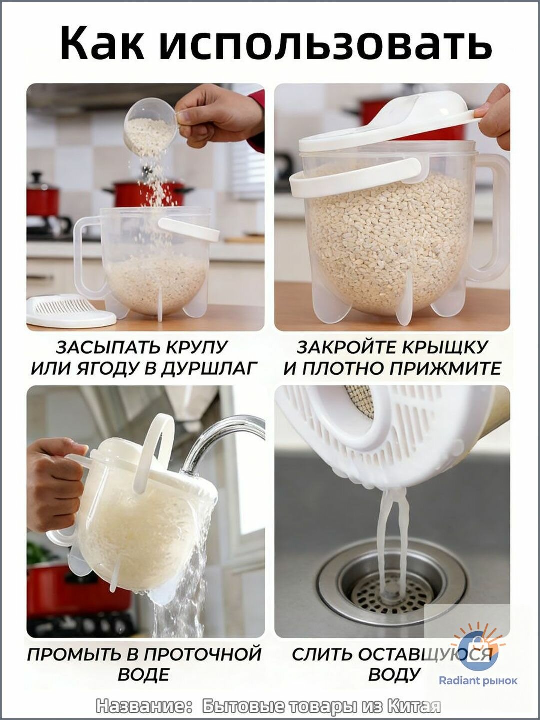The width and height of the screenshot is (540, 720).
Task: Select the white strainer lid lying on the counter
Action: pyautogui.click(x=71, y=310)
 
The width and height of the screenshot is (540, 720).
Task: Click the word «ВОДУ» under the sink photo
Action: pyautogui.click(x=394, y=666)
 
